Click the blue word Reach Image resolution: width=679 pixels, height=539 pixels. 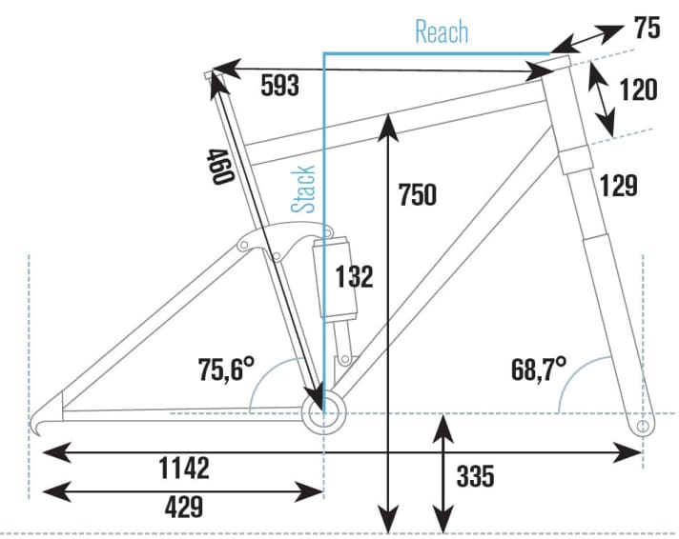(442, 31)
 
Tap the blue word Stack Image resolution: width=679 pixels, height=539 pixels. (304, 189)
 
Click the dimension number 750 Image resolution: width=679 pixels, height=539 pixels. (418, 194)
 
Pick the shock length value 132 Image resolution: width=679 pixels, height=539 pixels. (354, 277)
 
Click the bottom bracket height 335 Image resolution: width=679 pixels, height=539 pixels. (475, 475)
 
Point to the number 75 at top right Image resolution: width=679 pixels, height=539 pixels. (648, 29)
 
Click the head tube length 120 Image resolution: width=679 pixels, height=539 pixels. (638, 90)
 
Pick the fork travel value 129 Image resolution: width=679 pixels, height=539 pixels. (619, 186)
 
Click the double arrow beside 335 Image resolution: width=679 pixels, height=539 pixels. (442, 472)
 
